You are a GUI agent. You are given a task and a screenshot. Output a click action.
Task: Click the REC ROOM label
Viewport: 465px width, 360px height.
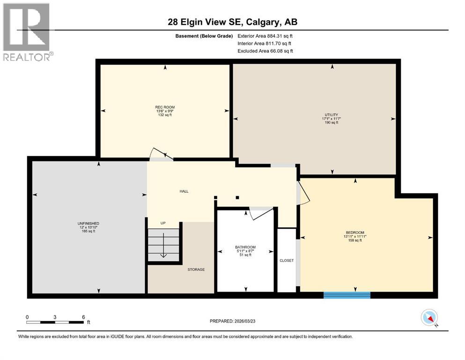(165, 107)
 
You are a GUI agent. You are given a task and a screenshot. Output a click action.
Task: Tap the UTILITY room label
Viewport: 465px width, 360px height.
(331, 114)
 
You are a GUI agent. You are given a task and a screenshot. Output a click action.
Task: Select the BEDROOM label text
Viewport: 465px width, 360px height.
(354, 232)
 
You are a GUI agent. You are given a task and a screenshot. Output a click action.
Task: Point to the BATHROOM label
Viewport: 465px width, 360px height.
(245, 247)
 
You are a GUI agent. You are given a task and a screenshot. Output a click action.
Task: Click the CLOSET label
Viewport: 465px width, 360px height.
(286, 260)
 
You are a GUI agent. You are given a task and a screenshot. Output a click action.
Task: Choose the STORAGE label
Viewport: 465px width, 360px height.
(196, 270)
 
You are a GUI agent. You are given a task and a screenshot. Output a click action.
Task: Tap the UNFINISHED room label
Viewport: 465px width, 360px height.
(89, 223)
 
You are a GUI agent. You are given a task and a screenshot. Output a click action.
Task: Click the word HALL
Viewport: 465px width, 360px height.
(185, 191)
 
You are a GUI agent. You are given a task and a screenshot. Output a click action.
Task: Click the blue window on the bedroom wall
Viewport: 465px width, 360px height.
(347, 295)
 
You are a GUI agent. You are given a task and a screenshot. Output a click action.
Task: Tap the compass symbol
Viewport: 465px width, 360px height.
(429, 318)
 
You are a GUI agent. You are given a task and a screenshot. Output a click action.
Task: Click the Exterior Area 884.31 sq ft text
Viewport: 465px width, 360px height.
(265, 36)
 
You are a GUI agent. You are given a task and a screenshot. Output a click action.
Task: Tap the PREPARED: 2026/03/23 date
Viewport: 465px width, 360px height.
(232, 321)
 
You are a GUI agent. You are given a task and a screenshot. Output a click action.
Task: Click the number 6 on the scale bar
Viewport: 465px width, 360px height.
(83, 317)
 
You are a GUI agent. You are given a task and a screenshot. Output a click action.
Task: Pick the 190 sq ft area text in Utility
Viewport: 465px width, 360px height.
(331, 123)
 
